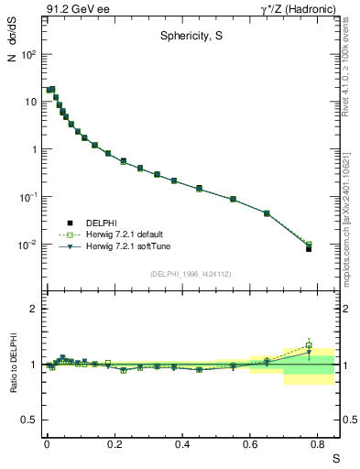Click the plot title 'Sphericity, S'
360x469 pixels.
(x=189, y=38)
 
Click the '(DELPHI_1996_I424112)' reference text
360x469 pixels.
(x=191, y=273)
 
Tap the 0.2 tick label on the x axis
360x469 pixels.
(x=115, y=445)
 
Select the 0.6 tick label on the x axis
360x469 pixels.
(x=250, y=445)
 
